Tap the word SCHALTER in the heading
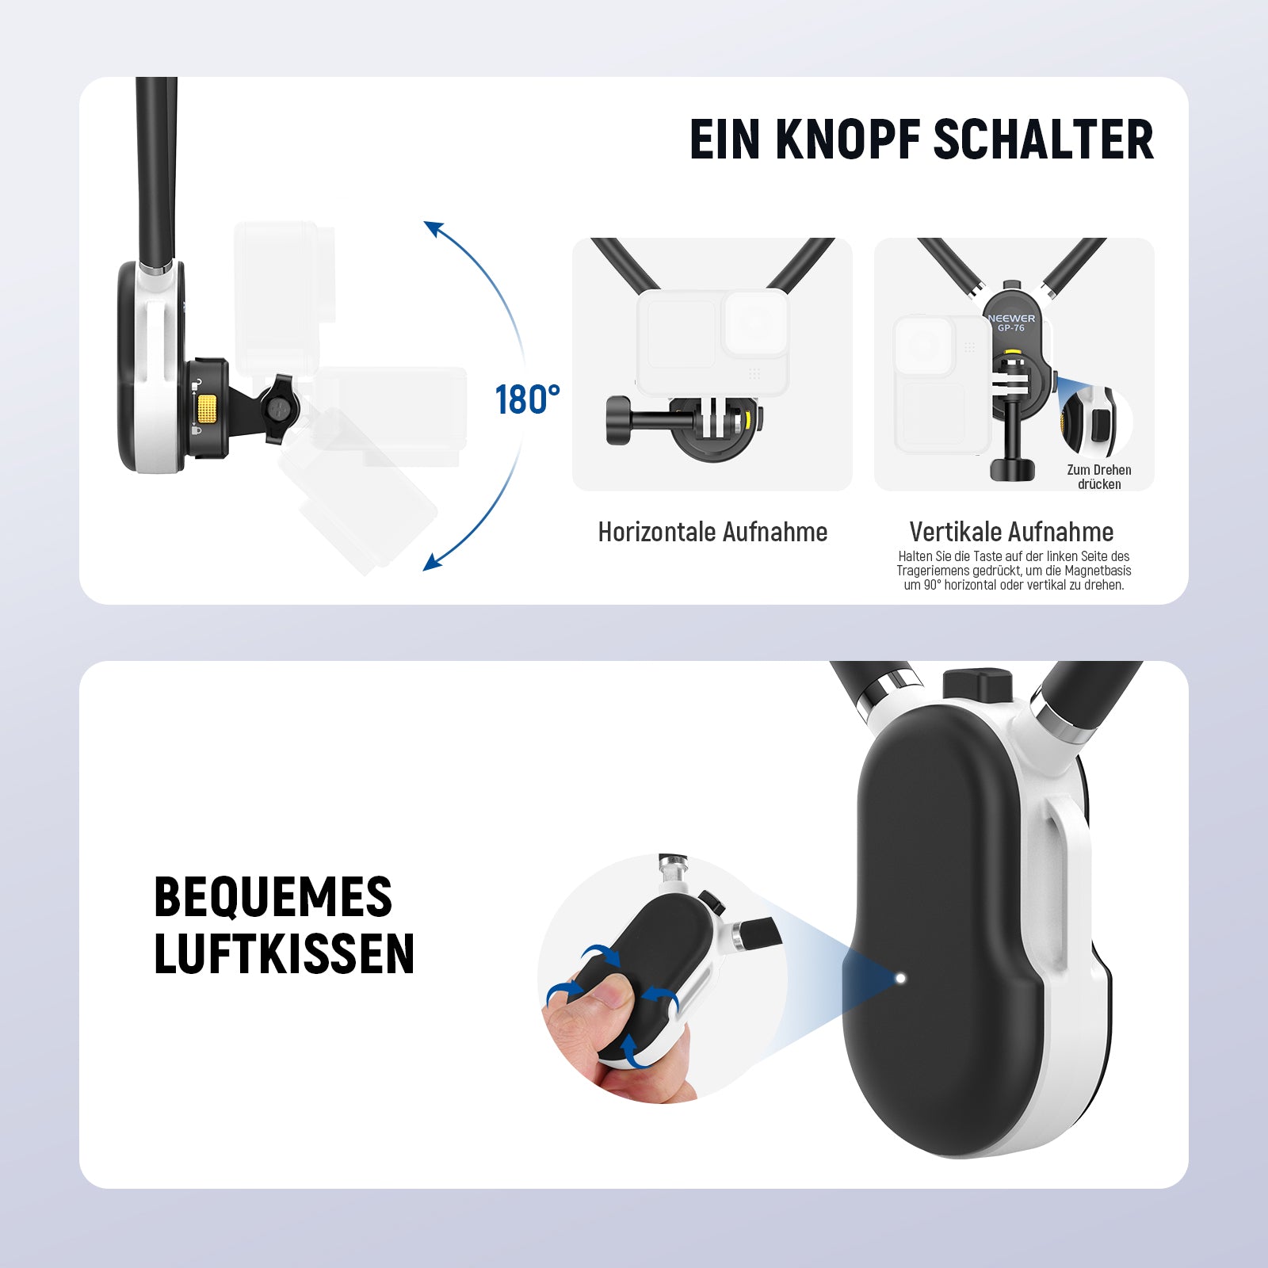tap(1043, 139)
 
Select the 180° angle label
tap(527, 400)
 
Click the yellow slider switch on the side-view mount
tap(207, 409)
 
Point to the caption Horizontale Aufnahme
tap(712, 532)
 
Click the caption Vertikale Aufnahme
tap(1011, 532)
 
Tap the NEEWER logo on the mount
tap(1011, 319)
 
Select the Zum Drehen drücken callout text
tap(1099, 477)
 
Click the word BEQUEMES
tap(273, 897)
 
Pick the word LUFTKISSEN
tap(284, 953)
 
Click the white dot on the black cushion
tap(900, 978)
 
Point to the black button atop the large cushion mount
tap(978, 683)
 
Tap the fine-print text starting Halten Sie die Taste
tap(1014, 571)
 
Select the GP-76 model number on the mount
tap(1011, 328)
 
